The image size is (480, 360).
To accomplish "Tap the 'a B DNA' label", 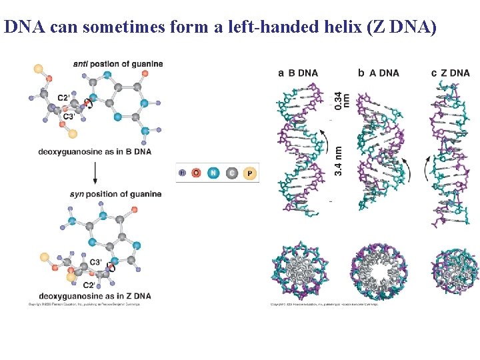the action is coord(298,73).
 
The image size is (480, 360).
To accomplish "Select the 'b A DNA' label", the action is coord(379,73).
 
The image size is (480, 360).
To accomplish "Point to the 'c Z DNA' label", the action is coord(451,73).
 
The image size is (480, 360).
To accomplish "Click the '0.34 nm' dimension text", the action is coord(339,100).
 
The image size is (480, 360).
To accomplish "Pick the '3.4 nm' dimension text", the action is coord(339,161).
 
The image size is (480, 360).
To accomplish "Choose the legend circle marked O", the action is coord(196,173).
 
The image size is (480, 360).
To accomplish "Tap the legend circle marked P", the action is coord(249,173).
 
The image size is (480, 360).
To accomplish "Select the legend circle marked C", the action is coord(231,173).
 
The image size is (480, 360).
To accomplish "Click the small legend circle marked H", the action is coord(182,173).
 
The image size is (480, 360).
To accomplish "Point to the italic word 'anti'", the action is coord(80,64).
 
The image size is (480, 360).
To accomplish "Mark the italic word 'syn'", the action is coord(77,194).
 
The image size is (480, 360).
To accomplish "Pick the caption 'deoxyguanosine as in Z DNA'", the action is coord(95,295).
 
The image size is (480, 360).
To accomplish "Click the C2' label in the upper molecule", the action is coord(64,98).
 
